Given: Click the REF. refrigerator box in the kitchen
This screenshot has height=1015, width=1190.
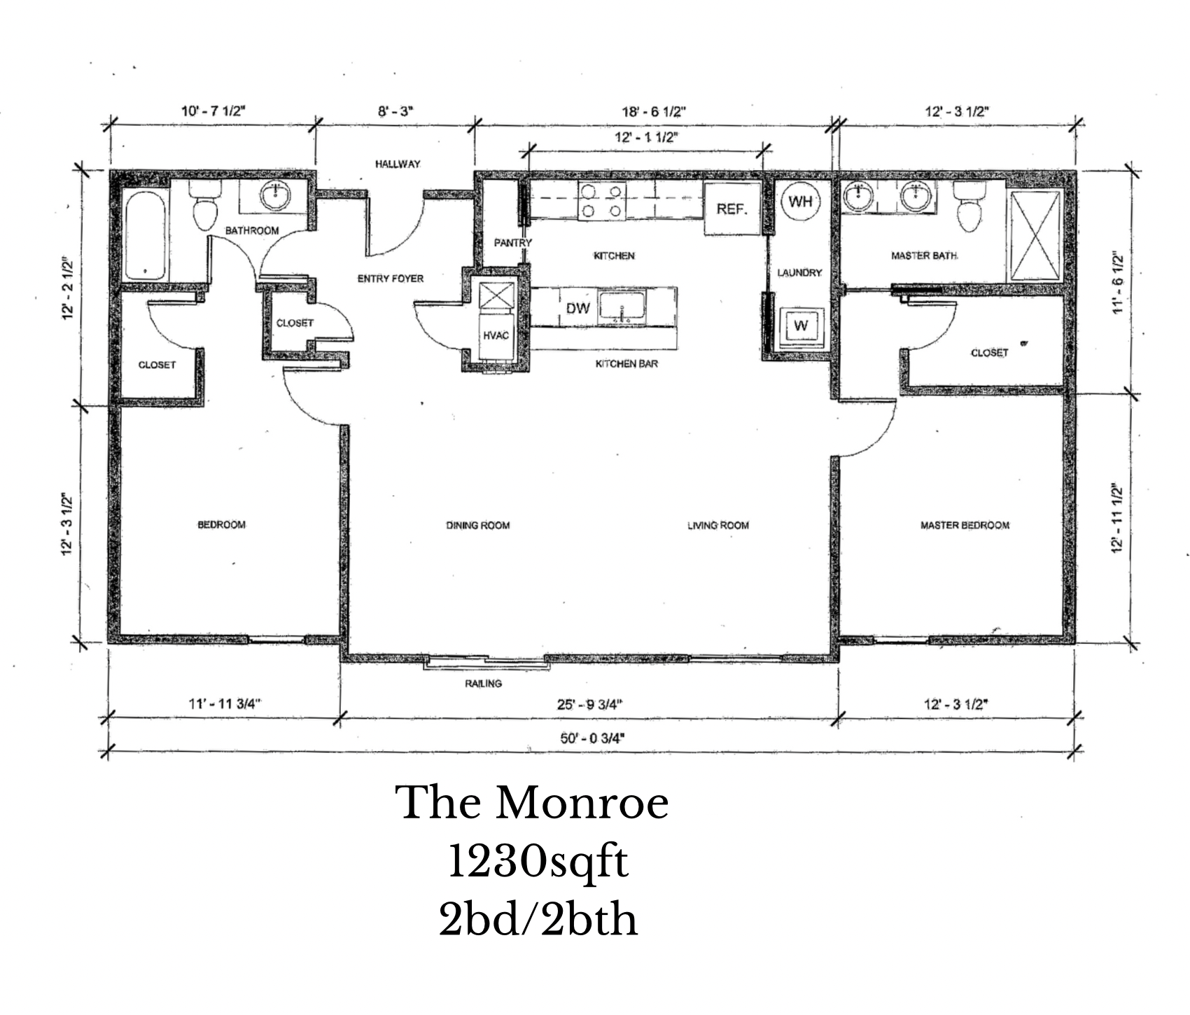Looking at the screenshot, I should coord(732,208).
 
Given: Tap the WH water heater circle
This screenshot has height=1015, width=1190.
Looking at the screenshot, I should coord(800,202).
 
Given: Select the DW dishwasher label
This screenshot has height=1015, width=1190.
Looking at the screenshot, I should coord(578,307).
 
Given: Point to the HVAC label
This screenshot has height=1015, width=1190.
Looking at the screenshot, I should coord(496,335).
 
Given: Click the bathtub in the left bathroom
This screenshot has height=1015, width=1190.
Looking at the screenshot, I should coord(146,235).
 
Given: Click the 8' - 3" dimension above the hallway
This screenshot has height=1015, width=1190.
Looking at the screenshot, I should coord(396,111).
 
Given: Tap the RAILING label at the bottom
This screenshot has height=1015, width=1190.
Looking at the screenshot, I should coord(483,683).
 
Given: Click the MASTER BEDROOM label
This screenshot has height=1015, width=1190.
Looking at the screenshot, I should coord(965,525).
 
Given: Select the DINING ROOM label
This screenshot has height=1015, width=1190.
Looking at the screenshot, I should coord(477,525).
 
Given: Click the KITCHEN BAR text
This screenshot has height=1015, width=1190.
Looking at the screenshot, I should coord(626,364).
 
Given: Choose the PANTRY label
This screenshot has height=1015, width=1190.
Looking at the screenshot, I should coord(513,243).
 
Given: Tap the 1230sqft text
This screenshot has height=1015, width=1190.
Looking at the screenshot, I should coord(537,862).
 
